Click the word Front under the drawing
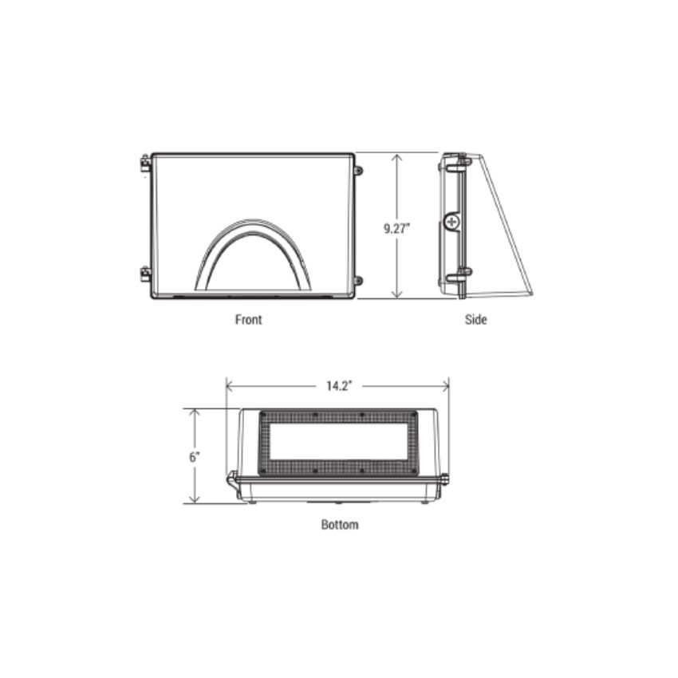(x=248, y=319)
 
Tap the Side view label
(x=476, y=319)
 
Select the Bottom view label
(x=340, y=525)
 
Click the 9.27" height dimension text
(x=396, y=228)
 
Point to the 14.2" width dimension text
(x=338, y=386)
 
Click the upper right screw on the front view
(x=358, y=170)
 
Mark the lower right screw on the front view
(x=358, y=280)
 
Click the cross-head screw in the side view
(x=452, y=221)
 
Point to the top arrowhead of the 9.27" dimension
(x=396, y=157)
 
